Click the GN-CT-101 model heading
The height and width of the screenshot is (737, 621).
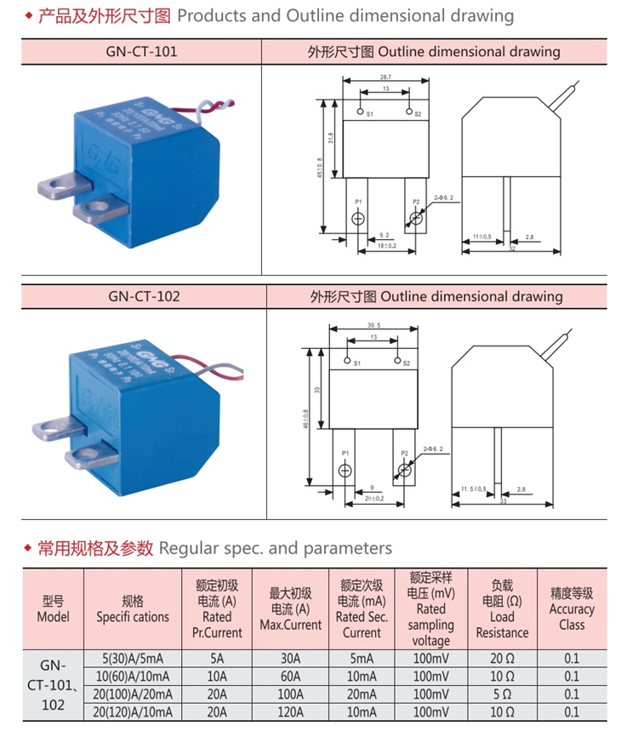tap(142, 51)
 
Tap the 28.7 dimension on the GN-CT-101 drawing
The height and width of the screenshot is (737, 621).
tap(386, 77)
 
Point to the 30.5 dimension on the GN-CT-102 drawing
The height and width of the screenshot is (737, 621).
tap(373, 325)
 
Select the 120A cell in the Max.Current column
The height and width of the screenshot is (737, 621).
tap(290, 711)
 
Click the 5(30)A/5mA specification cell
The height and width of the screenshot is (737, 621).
tap(133, 658)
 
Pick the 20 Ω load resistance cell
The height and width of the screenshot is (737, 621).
tap(502, 658)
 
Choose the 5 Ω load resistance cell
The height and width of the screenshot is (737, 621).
tap(502, 694)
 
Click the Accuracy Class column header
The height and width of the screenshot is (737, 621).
tap(572, 608)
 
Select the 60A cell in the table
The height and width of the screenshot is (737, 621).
tap(290, 676)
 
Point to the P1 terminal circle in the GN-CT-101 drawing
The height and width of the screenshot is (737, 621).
tap(358, 219)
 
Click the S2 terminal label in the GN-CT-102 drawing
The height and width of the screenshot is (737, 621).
tap(407, 363)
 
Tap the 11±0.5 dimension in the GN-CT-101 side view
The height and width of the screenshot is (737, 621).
tap(481, 236)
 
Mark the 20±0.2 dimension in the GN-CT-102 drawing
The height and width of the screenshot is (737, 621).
tap(373, 498)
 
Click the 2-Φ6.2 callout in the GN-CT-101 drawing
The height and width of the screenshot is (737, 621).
tap(443, 197)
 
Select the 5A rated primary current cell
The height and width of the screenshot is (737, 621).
tap(218, 658)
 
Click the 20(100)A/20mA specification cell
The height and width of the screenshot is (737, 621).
tap(133, 694)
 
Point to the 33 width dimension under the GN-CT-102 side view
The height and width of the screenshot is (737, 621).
tap(502, 502)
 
